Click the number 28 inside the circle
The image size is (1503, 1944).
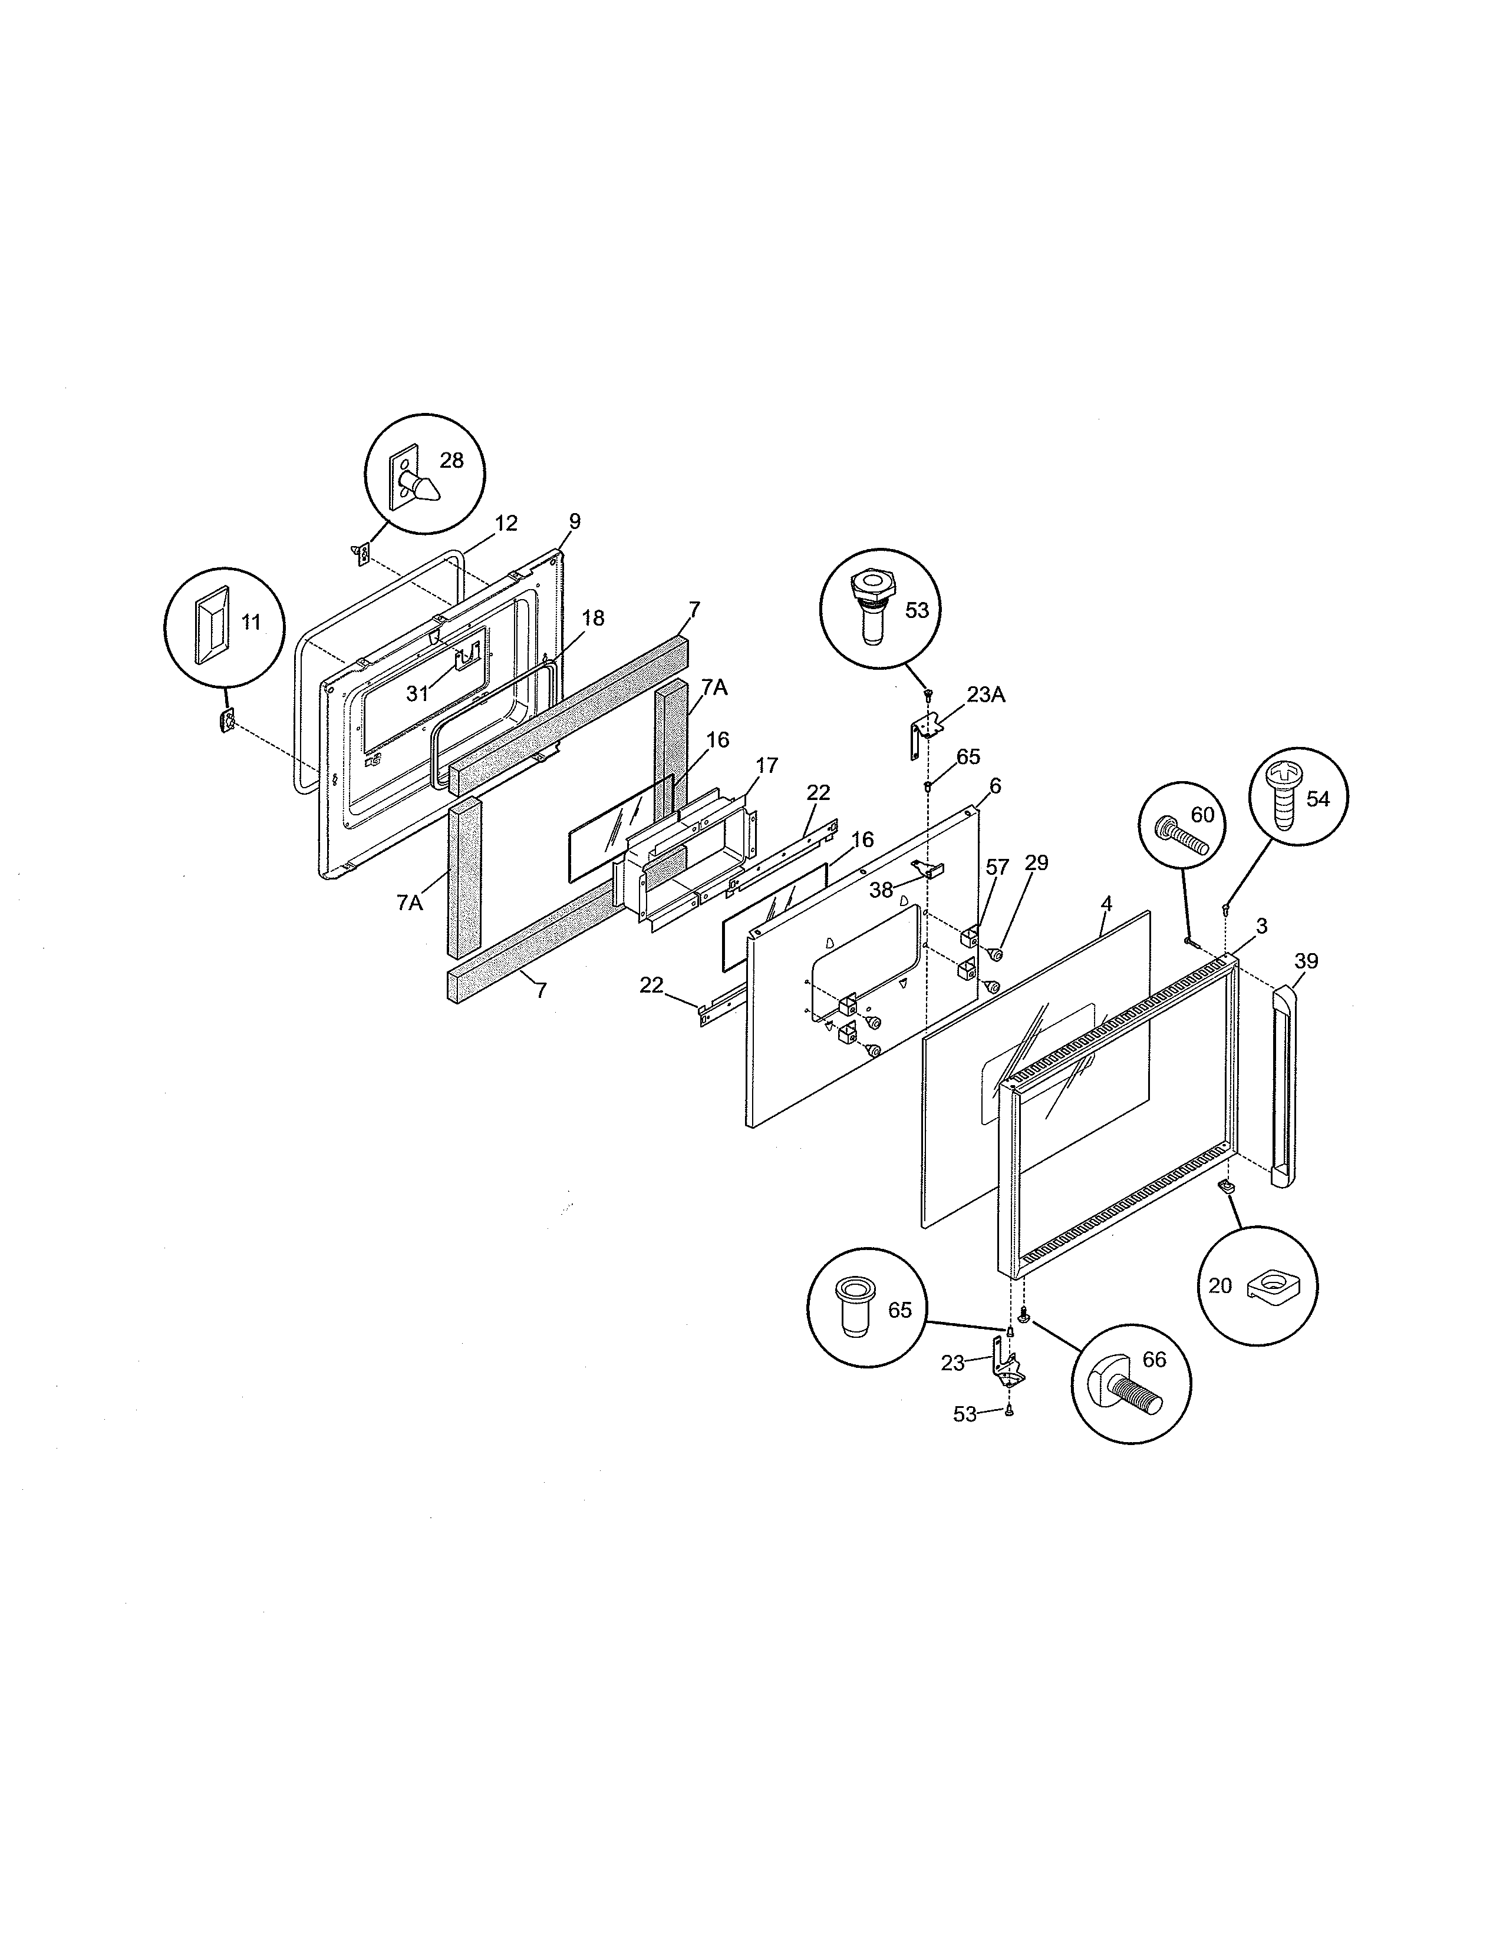click(x=451, y=460)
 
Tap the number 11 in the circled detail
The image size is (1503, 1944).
click(x=251, y=622)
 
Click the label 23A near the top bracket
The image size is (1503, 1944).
click(x=985, y=695)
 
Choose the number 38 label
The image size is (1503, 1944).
click(x=881, y=888)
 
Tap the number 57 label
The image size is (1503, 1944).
click(x=997, y=866)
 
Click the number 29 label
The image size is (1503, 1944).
click(x=1036, y=862)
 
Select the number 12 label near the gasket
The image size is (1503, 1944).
click(x=505, y=523)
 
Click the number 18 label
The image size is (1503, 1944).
click(x=592, y=618)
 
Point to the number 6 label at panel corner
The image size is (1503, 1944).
click(x=994, y=786)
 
